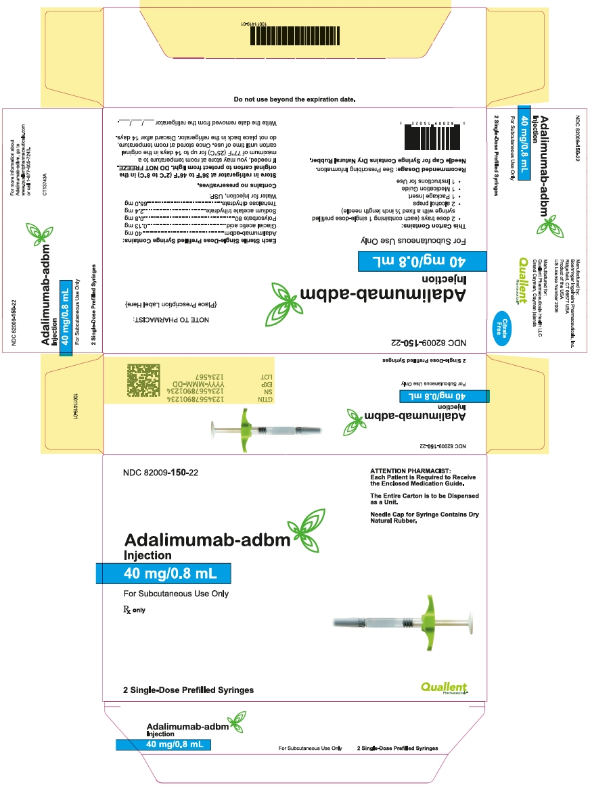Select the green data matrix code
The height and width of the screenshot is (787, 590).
click(x=145, y=381)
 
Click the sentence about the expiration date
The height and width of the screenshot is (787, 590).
click(x=294, y=99)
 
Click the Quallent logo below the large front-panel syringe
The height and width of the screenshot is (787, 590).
click(x=444, y=688)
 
